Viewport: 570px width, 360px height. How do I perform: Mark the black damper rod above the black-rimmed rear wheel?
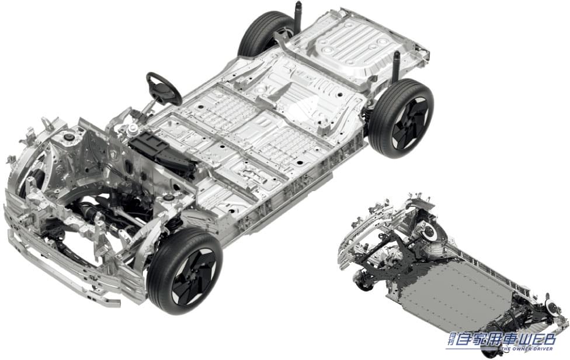(x=396, y=65)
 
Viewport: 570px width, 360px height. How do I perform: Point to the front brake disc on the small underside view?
(x=430, y=231)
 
